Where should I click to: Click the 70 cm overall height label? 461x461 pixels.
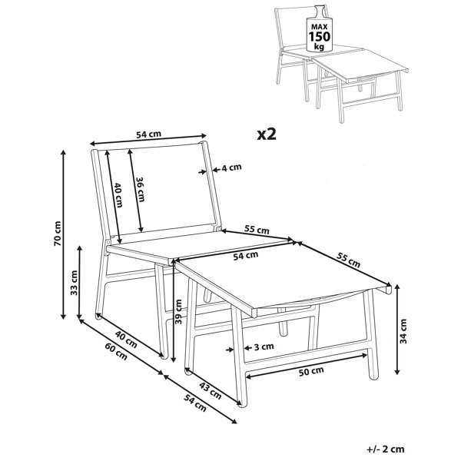point(58,234)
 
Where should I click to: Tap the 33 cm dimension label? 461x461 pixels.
point(74,283)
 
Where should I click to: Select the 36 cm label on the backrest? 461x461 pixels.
point(140,189)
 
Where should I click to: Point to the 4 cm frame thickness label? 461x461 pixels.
point(231,167)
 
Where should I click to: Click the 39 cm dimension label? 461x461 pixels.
point(178,311)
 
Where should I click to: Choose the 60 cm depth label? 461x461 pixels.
point(116,352)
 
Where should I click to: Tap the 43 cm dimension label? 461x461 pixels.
point(211,391)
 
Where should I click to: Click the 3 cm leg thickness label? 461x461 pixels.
point(264,347)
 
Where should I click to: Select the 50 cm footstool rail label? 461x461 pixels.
point(311,371)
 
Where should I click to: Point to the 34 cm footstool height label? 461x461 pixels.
point(403,331)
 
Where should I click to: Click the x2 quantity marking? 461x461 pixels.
point(267,134)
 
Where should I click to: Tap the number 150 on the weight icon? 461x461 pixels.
point(320,37)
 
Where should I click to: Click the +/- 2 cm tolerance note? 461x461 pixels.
point(386,449)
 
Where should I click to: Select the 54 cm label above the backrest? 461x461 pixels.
point(149,134)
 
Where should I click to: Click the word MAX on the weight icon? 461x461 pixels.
point(320,27)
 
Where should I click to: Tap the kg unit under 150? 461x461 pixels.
point(320,46)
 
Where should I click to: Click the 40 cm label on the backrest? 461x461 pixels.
point(118,195)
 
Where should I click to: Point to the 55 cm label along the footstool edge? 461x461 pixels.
point(348,260)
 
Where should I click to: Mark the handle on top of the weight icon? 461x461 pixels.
point(319,11)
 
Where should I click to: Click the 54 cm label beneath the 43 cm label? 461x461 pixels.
point(195,403)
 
